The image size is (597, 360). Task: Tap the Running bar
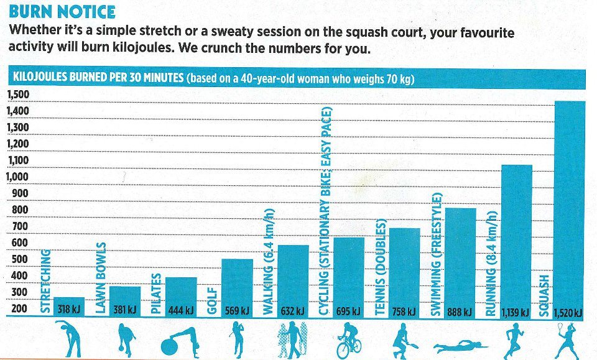516,236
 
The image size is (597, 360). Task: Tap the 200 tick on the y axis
19,309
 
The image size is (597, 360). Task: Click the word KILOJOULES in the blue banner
44,79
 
